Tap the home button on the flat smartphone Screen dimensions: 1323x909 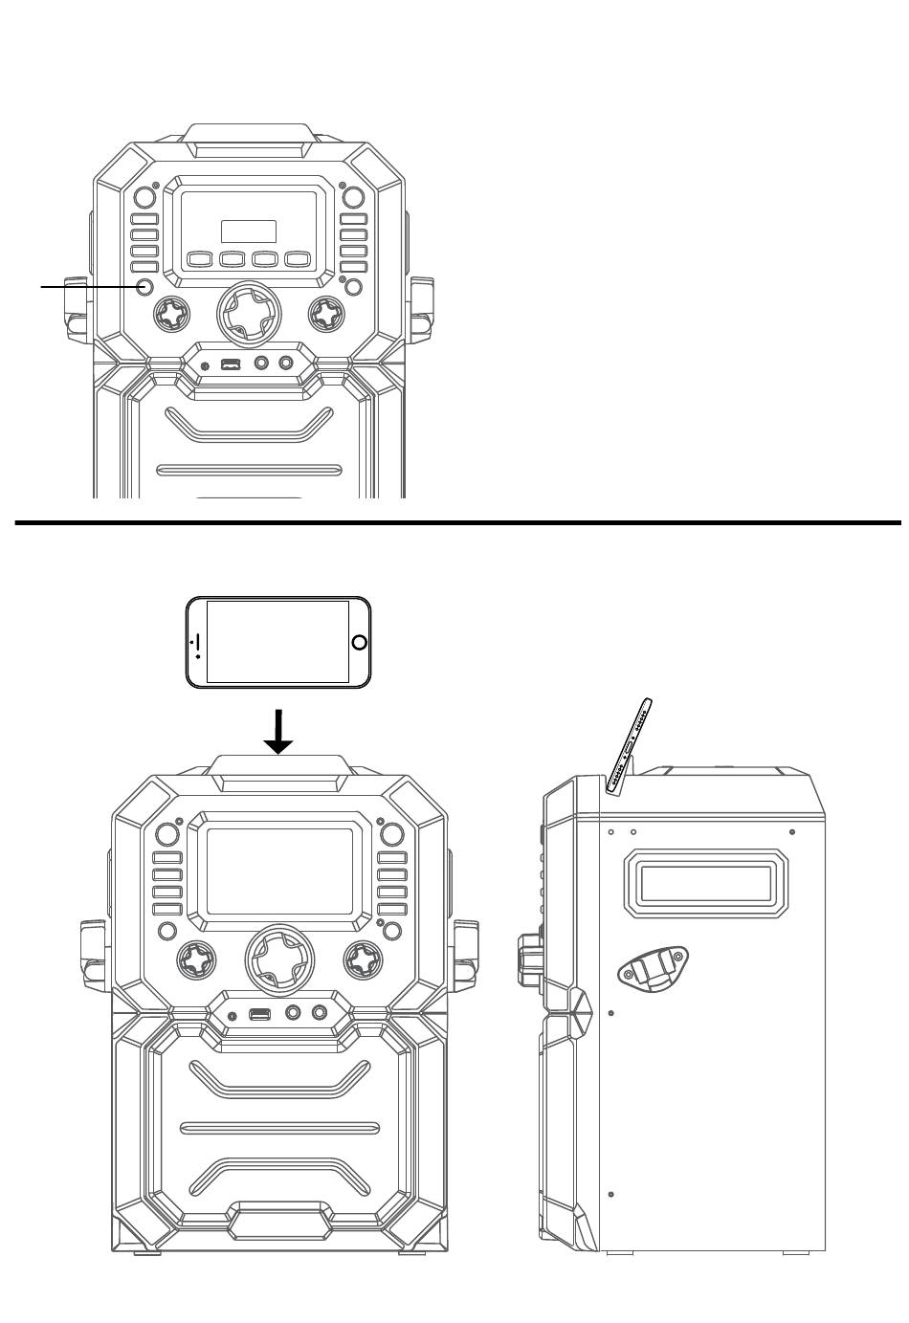point(359,642)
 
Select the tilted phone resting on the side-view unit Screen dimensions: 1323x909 point(632,745)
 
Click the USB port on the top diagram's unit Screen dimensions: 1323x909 point(231,364)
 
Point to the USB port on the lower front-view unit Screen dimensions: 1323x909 point(259,1013)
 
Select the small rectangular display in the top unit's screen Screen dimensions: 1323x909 point(248,232)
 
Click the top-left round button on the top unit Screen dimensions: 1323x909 point(144,198)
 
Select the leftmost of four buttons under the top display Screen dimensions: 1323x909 point(199,258)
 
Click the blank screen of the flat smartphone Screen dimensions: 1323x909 point(277,642)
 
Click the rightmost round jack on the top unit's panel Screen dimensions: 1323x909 point(285,364)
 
